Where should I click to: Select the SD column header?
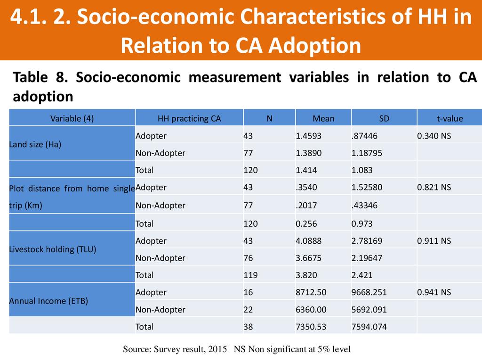(x=384, y=119)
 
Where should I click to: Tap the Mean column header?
(x=323, y=119)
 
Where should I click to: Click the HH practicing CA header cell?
(x=189, y=119)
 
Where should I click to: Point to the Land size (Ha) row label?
(x=35, y=145)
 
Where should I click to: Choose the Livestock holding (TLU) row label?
(x=53, y=249)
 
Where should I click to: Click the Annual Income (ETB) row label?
(x=48, y=301)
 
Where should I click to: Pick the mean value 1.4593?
(x=309, y=136)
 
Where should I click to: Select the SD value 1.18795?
(x=367, y=153)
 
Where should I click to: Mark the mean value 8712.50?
(x=311, y=292)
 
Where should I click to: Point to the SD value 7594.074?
(x=369, y=326)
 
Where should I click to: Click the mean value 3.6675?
(x=309, y=258)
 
